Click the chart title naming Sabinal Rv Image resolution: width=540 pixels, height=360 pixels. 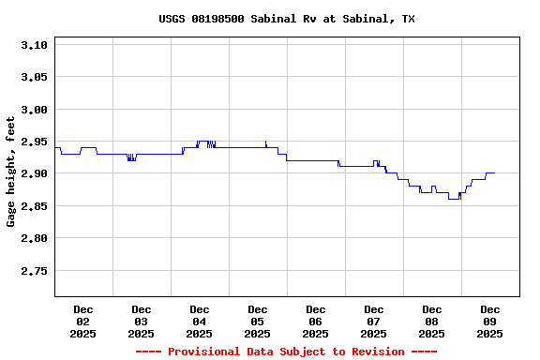(287, 19)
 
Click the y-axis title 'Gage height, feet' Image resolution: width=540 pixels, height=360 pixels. (11, 172)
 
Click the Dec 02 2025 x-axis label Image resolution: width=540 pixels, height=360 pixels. (83, 321)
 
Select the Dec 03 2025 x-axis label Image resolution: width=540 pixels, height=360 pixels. (142, 321)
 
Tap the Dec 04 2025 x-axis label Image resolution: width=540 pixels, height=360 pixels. (200, 321)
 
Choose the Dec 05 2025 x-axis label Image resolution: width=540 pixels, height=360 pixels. (258, 321)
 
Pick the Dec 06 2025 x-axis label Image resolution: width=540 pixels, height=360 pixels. (316, 321)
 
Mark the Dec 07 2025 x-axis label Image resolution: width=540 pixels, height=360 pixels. (374, 321)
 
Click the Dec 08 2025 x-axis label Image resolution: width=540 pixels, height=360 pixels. (432, 321)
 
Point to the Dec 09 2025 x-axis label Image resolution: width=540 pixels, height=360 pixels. (490, 321)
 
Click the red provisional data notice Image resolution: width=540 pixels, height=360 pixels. (286, 352)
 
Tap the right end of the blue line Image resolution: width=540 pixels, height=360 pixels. (495, 173)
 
